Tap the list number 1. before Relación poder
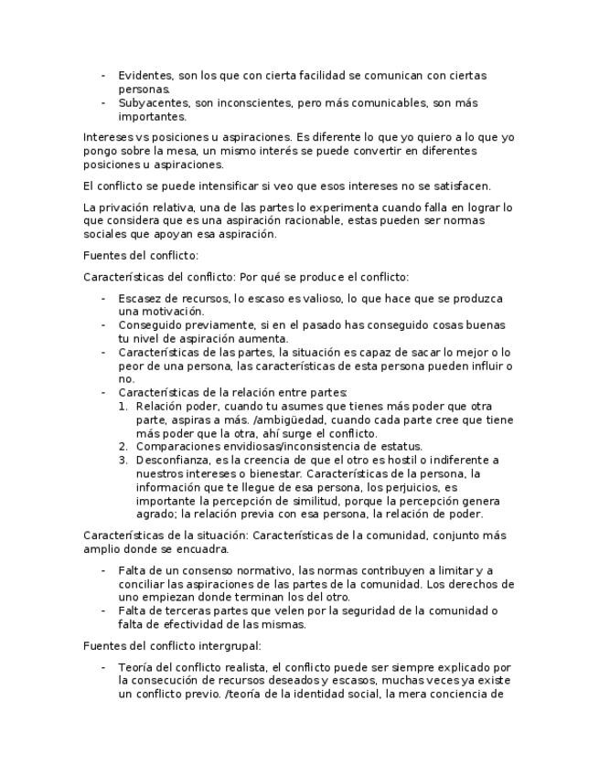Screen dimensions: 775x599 click(124, 406)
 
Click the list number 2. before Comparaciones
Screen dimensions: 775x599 click(124, 446)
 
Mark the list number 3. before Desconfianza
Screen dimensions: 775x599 click(124, 460)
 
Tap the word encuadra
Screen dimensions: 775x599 click(199, 549)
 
